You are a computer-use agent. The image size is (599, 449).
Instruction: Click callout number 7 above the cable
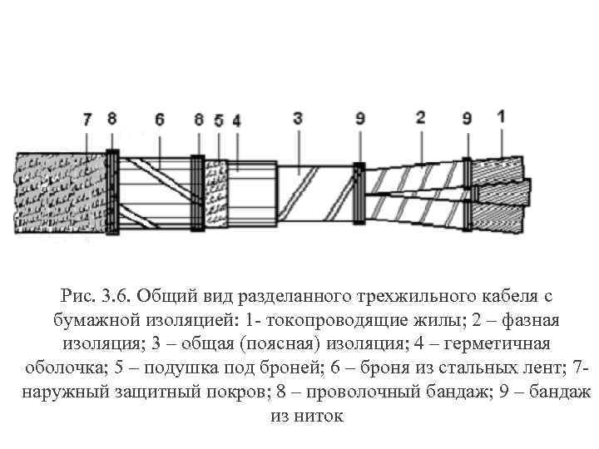(87, 119)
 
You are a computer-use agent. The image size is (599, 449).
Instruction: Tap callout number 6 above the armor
(158, 119)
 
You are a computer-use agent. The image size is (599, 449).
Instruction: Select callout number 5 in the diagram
(218, 120)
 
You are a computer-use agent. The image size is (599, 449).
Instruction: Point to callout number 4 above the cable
(236, 120)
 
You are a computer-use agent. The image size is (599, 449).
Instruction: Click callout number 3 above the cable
(297, 119)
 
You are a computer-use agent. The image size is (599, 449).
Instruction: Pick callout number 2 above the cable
(419, 118)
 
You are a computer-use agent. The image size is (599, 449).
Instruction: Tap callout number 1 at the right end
(500, 116)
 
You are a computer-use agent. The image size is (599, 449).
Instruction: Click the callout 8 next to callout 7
(112, 119)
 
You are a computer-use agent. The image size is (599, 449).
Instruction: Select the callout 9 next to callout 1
(467, 119)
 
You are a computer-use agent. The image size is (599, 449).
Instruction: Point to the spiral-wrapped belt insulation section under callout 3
(313, 193)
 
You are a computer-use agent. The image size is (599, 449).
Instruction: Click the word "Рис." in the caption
(77, 296)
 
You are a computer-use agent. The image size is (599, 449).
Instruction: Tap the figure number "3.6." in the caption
(116, 296)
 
